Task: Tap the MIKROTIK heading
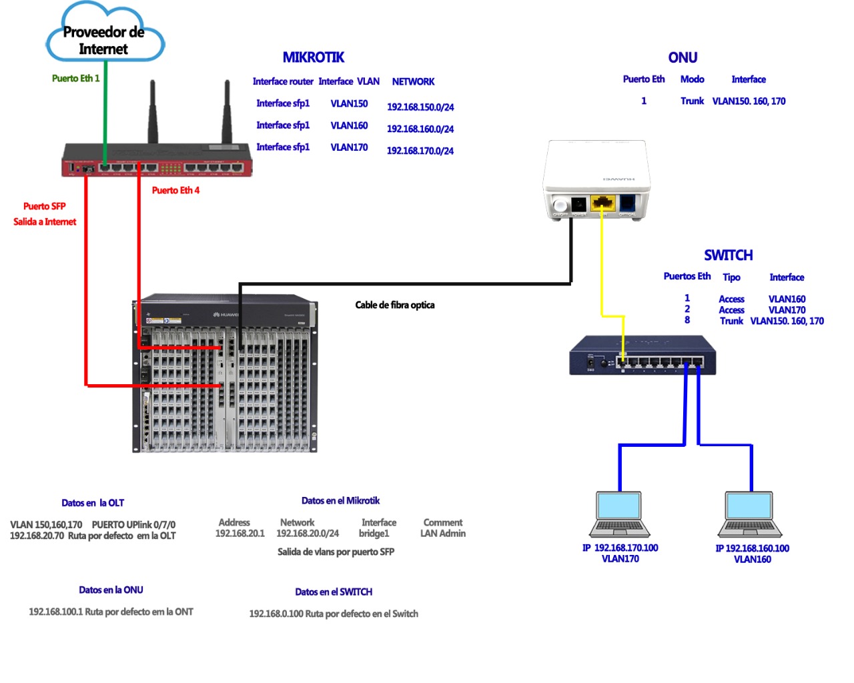pyautogui.click(x=313, y=58)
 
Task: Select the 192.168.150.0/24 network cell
pyautogui.click(x=420, y=107)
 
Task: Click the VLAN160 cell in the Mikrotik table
pyautogui.click(x=349, y=125)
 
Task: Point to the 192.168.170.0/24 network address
pyautogui.click(x=420, y=151)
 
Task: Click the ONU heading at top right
pyautogui.click(x=683, y=58)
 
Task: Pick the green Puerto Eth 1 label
pyautogui.click(x=75, y=79)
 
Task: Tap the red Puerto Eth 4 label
pyautogui.click(x=175, y=191)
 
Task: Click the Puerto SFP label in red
pyautogui.click(x=44, y=207)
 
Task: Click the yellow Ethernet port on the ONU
pyautogui.click(x=603, y=203)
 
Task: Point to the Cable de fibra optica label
pyautogui.click(x=394, y=305)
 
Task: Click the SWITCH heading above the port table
pyautogui.click(x=728, y=255)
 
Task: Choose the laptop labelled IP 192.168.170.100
pyautogui.click(x=619, y=515)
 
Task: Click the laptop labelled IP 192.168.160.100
pyautogui.click(x=750, y=515)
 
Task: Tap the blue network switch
pyautogui.click(x=642, y=356)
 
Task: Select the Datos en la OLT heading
pyautogui.click(x=93, y=504)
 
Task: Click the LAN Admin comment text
pyautogui.click(x=442, y=534)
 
